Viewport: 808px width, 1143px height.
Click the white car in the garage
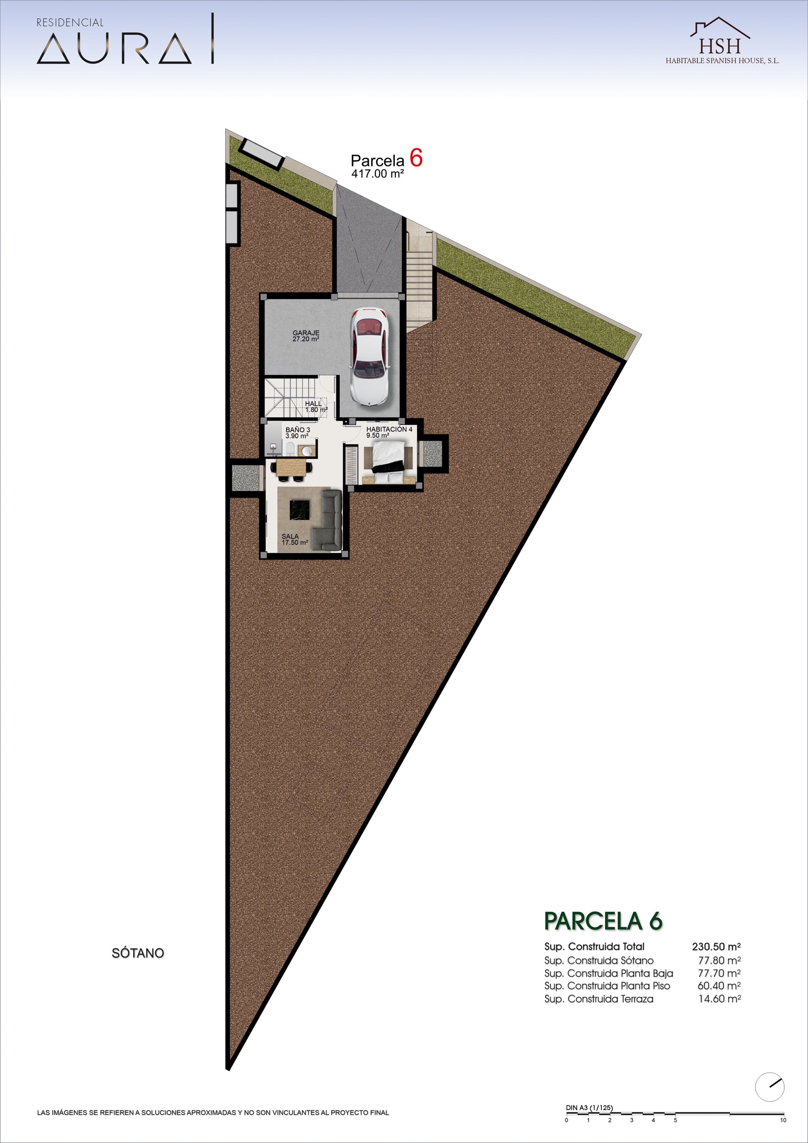tap(369, 357)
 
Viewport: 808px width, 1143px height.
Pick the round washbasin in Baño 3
tap(307, 451)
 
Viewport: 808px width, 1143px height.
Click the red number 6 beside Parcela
tap(416, 158)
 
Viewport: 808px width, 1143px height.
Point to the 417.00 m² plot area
tap(377, 174)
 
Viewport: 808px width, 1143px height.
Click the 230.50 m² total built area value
tap(716, 946)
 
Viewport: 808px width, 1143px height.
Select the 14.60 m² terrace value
tap(719, 999)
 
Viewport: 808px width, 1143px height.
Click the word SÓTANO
tap(138, 953)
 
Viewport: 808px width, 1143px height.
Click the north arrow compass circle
tap(769, 1087)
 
